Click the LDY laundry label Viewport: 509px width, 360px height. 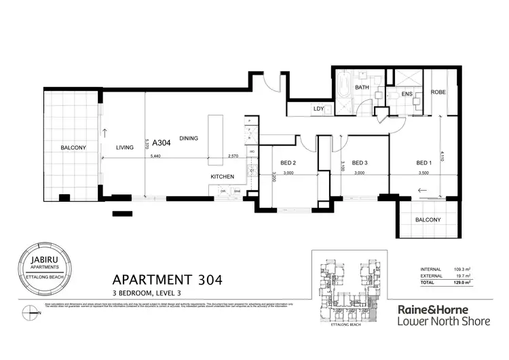click(x=318, y=109)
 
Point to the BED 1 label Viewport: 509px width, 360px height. click(x=423, y=163)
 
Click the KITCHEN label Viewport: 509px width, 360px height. click(x=222, y=177)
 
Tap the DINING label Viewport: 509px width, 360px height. click(x=189, y=139)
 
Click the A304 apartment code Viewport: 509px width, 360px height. click(x=162, y=143)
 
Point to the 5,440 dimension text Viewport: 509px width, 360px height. click(x=155, y=156)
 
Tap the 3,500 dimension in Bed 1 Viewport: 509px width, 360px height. click(x=423, y=173)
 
